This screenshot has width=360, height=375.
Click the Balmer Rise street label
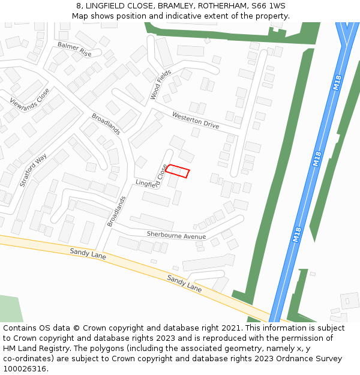coord(74,49)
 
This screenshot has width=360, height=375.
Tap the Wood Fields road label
coord(160,84)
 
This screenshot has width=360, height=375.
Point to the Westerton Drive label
coord(196,120)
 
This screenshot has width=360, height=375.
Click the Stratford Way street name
coord(33,170)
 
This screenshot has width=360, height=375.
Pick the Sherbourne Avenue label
coord(176,236)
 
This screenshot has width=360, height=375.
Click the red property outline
coord(178,171)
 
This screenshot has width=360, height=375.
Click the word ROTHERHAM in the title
coord(222,6)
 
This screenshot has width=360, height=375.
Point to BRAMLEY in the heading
coord(176,6)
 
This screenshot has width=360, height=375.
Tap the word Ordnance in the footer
coord(290,359)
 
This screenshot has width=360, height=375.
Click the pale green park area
coord(9,308)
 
